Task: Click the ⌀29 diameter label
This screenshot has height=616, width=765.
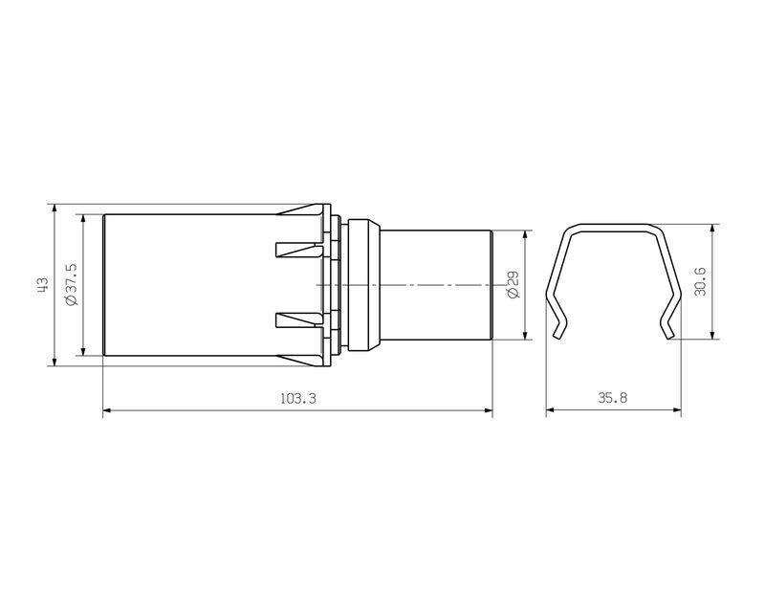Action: (x=513, y=284)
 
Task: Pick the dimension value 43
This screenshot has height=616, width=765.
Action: (x=41, y=284)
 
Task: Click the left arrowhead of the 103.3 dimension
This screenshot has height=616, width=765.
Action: (x=107, y=412)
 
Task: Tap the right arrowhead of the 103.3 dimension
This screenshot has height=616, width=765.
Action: (x=488, y=412)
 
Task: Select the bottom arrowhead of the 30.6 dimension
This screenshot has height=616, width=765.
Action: (x=712, y=334)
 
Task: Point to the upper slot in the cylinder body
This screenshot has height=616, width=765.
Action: (x=296, y=251)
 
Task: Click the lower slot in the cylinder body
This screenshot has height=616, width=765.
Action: (x=296, y=319)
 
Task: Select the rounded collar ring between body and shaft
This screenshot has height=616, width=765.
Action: (x=363, y=284)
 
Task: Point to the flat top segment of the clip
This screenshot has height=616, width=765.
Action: (x=614, y=229)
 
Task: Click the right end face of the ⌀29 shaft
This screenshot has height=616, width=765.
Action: (x=492, y=284)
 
